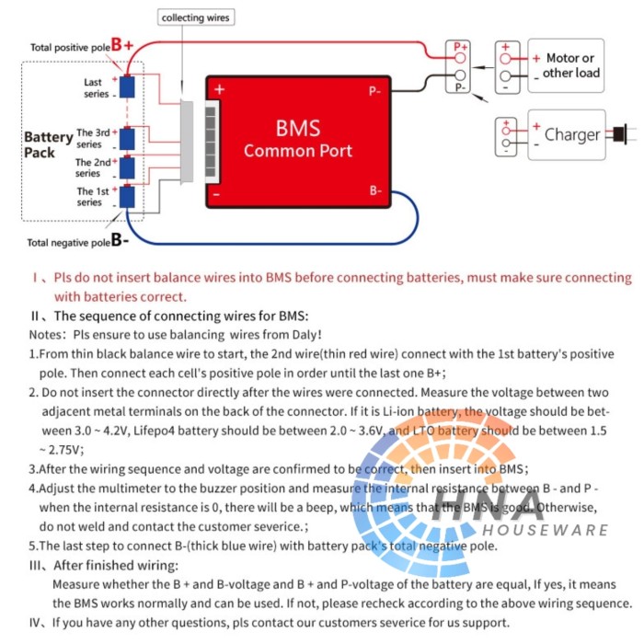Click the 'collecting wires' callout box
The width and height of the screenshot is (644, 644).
click(196, 17)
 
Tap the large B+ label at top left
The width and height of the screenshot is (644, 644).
click(122, 45)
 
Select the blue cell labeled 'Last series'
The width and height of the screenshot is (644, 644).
click(127, 87)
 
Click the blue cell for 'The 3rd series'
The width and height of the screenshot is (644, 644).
click(127, 139)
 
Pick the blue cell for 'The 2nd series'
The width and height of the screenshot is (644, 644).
click(127, 167)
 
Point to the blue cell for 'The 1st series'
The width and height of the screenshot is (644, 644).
click(127, 197)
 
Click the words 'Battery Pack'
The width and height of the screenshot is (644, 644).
click(48, 144)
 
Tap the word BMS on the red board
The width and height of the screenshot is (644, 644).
click(298, 128)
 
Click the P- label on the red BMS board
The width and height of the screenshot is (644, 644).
click(374, 91)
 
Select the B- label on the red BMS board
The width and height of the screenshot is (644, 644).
click(375, 190)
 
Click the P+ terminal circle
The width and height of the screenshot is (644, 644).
click(460, 57)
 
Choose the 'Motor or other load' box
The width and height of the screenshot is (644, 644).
click(566, 65)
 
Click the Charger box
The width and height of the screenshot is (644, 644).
click(567, 134)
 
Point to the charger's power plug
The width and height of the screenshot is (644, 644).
click(621, 134)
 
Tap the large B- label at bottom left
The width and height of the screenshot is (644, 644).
click(120, 239)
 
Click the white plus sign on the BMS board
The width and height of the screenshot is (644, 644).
click(220, 89)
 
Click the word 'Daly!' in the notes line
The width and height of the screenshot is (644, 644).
click(306, 335)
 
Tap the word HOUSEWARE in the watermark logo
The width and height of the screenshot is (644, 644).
click(545, 530)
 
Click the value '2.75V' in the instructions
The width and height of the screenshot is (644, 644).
click(66, 450)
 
